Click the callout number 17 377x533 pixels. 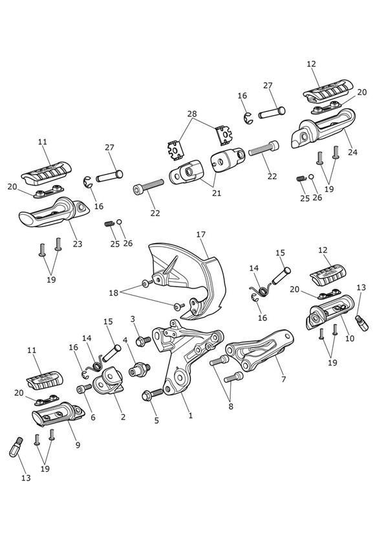click(201, 235)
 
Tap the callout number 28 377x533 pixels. click(192, 114)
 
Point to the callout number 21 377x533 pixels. click(217, 193)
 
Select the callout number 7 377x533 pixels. click(283, 378)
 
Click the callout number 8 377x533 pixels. click(231, 406)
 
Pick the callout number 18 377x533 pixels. click(113, 292)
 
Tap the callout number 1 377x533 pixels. click(190, 415)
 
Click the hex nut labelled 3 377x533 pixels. click(143, 341)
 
